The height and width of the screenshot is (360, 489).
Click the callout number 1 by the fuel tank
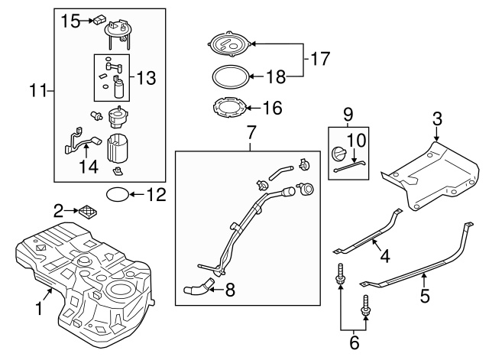pos(38,309)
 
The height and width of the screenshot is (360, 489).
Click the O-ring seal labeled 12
pos(115,194)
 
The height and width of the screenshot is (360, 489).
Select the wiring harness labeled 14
pos(80,142)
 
